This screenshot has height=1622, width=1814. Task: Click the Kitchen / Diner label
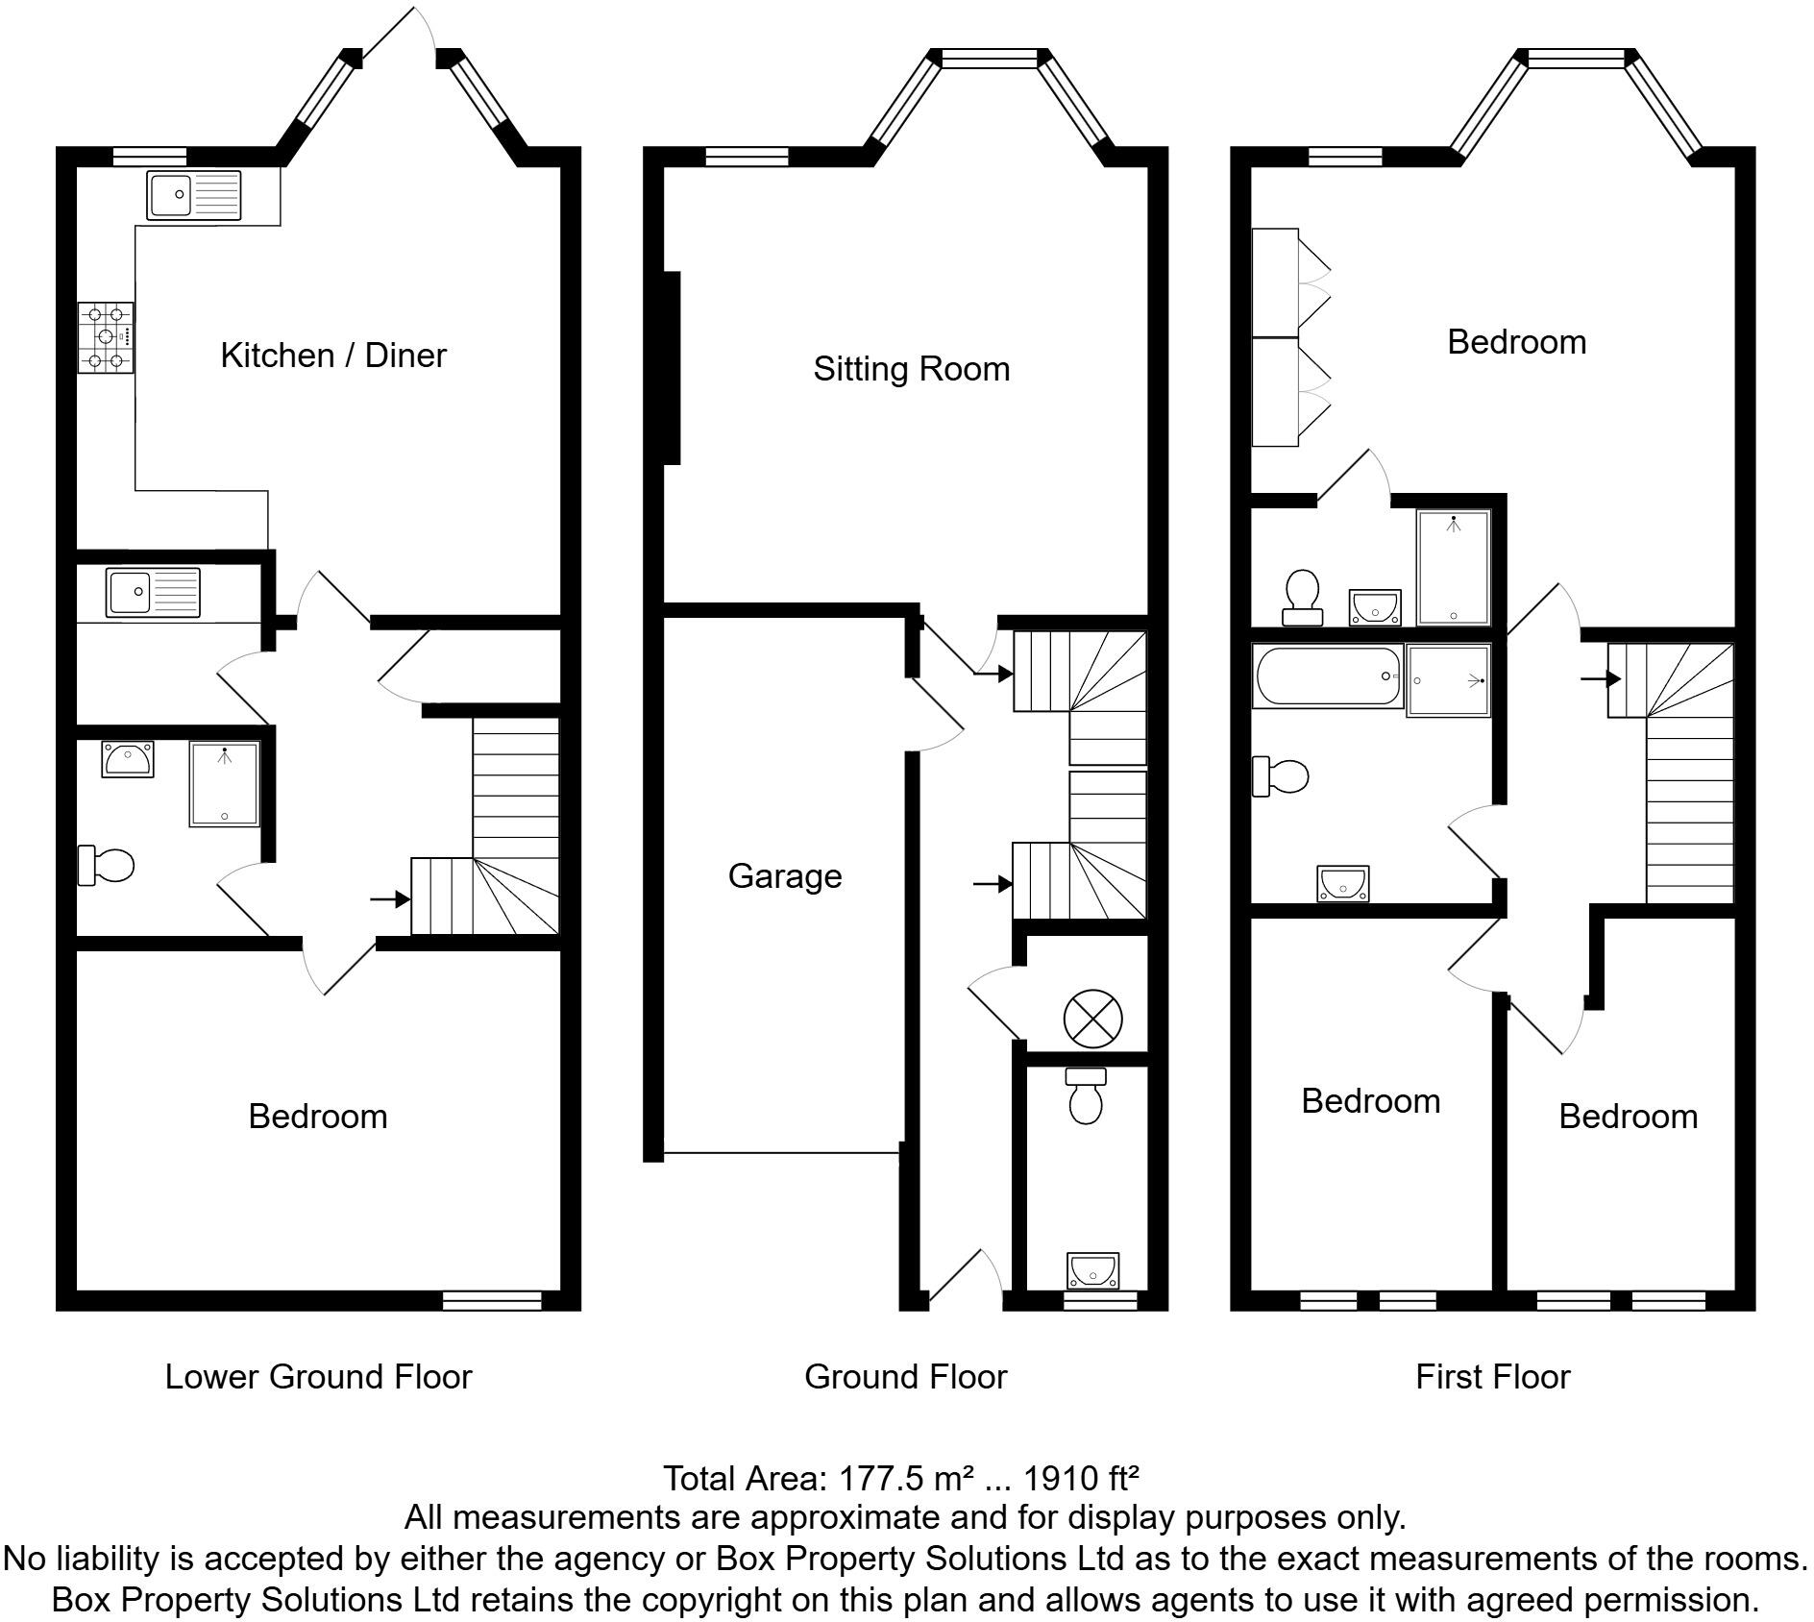(333, 356)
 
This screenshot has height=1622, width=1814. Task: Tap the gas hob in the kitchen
(106, 337)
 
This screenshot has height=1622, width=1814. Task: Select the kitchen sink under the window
(195, 195)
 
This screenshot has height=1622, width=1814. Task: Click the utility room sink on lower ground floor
(154, 591)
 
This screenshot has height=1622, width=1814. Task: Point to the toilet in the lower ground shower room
(106, 865)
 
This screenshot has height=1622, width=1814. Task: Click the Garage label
(785, 876)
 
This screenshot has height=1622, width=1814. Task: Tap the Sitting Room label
(911, 369)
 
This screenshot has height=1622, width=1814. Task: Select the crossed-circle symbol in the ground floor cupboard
(1092, 1019)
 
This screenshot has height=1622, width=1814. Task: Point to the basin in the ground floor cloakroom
(1092, 1270)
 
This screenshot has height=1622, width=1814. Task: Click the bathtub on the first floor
(1328, 677)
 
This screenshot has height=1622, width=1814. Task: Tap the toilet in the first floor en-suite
(1303, 598)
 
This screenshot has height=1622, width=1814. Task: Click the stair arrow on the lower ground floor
(389, 899)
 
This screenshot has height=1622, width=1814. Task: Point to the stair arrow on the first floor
(1601, 679)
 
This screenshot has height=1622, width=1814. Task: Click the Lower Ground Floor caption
(318, 1377)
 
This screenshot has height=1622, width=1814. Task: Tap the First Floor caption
(1492, 1377)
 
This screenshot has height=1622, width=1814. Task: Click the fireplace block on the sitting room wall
(673, 368)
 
